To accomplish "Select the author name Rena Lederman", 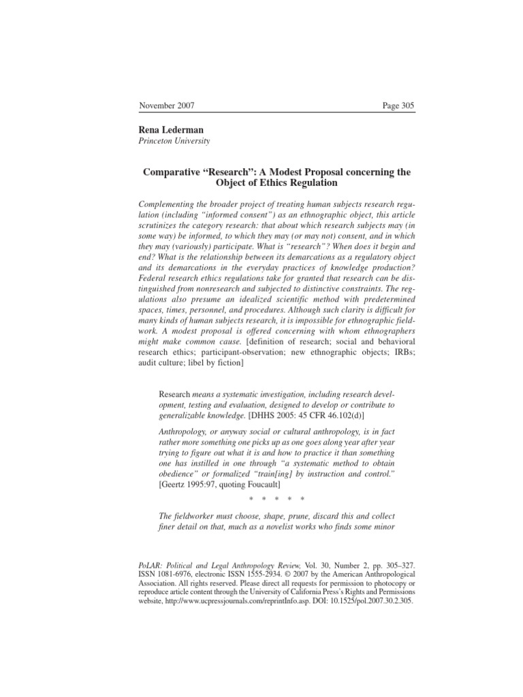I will (x=172, y=129).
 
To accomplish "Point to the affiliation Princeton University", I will (x=175, y=141).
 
